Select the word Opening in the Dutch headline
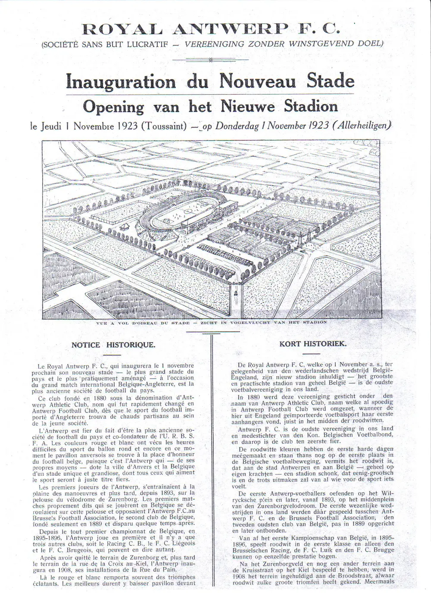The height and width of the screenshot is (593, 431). [x=113, y=106]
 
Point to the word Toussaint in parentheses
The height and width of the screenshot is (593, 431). [x=163, y=126]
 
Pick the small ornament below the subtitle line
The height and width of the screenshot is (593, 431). [x=211, y=60]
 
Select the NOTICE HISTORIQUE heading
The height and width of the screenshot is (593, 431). [x=113, y=345]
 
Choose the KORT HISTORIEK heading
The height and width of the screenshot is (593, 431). [x=313, y=343]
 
